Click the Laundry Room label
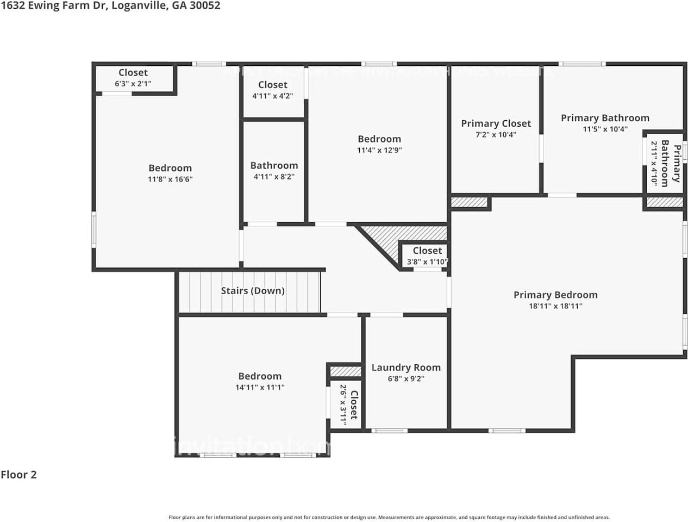(x=406, y=368)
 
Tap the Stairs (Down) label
(x=253, y=291)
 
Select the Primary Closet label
(x=496, y=123)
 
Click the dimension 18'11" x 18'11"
(x=555, y=306)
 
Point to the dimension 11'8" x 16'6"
(x=170, y=179)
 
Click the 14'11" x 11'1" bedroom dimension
(x=260, y=388)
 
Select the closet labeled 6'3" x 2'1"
(x=133, y=78)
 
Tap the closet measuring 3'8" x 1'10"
(x=427, y=256)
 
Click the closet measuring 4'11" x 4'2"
(x=273, y=90)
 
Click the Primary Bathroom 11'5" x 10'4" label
(x=605, y=123)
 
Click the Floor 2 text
(x=18, y=475)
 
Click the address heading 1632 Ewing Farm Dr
(x=110, y=5)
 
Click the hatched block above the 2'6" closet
(x=345, y=371)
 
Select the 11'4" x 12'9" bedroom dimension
(x=379, y=151)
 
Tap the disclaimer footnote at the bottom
(x=389, y=517)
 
